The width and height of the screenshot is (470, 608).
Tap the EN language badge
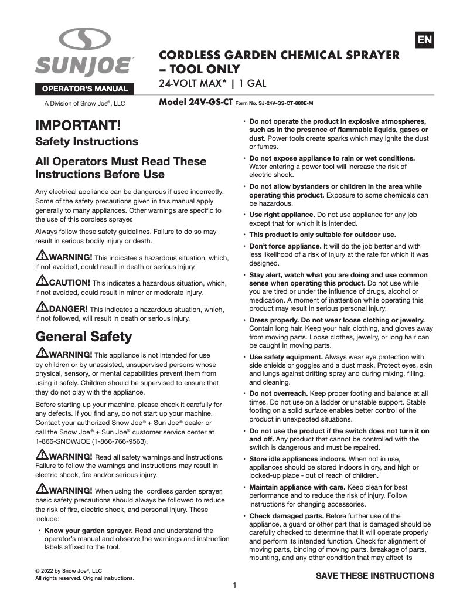[x=424, y=40]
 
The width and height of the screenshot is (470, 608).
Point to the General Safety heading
[x=84, y=337]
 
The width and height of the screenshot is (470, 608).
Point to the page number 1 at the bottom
[x=234, y=585]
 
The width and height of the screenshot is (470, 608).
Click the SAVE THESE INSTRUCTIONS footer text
[x=375, y=575]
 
